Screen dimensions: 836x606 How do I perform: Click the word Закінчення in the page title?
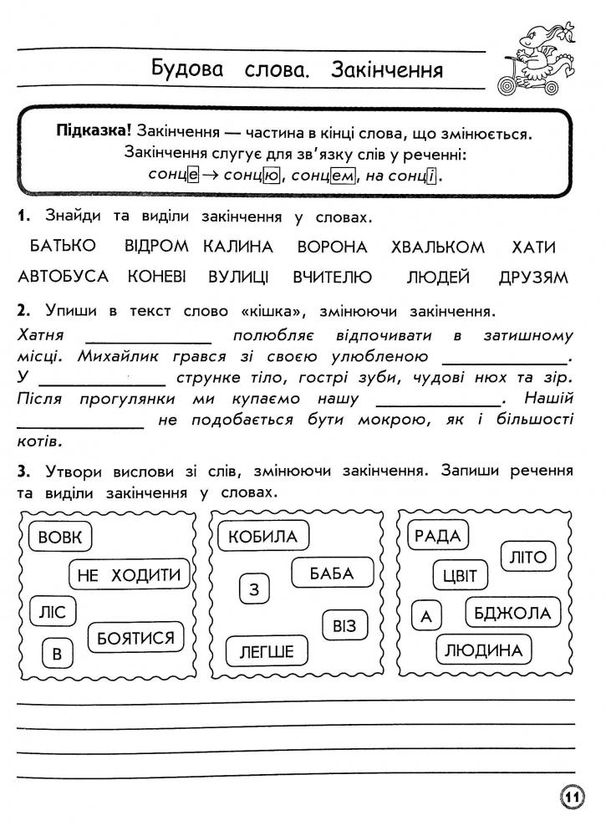[x=386, y=69]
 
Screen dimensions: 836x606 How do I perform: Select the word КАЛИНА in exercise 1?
[x=238, y=247]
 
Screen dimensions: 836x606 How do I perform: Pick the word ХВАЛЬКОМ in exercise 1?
[x=437, y=247]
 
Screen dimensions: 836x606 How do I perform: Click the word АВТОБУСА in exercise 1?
[x=64, y=277]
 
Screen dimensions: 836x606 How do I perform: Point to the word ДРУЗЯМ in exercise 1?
[x=532, y=277]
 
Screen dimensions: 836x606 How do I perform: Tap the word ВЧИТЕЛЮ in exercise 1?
[x=332, y=277]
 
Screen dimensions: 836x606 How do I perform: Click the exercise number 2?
[x=22, y=311]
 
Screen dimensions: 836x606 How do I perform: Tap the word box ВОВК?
[x=60, y=537]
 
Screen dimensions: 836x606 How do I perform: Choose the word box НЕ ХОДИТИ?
[x=128, y=574]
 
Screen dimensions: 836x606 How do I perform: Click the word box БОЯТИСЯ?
[x=135, y=638]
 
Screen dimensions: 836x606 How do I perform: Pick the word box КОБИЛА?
[x=262, y=536]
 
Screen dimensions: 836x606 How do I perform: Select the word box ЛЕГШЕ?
[x=266, y=651]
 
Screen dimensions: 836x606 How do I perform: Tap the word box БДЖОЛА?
[x=512, y=614]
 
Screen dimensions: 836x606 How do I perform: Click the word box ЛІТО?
[x=527, y=556]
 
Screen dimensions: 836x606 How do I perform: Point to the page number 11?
[x=572, y=798]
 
